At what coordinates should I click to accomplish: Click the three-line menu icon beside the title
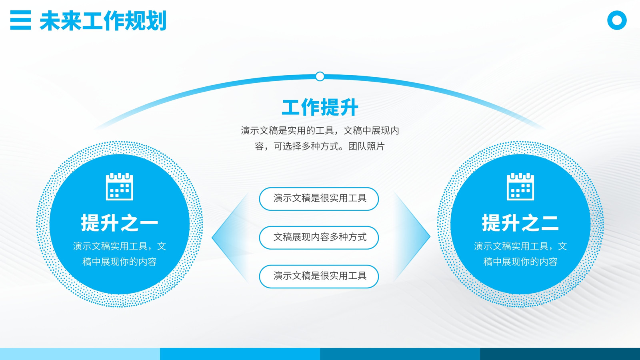point(20,20)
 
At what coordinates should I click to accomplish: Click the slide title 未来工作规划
point(103,20)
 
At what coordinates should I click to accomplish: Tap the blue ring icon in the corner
point(617,20)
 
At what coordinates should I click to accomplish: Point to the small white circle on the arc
point(320,76)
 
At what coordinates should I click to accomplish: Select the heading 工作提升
point(320,108)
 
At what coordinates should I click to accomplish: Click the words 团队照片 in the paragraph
point(366,146)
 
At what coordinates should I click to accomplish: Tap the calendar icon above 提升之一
point(120,186)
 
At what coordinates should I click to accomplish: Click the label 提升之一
point(120,223)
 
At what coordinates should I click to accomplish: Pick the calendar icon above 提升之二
point(520,186)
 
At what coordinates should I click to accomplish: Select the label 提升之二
point(520,223)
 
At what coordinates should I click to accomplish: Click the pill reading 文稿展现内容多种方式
point(319,238)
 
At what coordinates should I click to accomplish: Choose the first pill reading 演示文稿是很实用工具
point(319,199)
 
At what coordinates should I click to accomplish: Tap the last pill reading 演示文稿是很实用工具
point(319,276)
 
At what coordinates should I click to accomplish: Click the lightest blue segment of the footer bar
point(80,354)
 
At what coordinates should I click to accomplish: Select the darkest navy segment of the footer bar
point(560,354)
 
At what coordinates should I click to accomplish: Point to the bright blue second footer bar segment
point(240,354)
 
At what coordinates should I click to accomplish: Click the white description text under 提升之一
point(120,254)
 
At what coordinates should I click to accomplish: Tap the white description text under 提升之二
point(520,254)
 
